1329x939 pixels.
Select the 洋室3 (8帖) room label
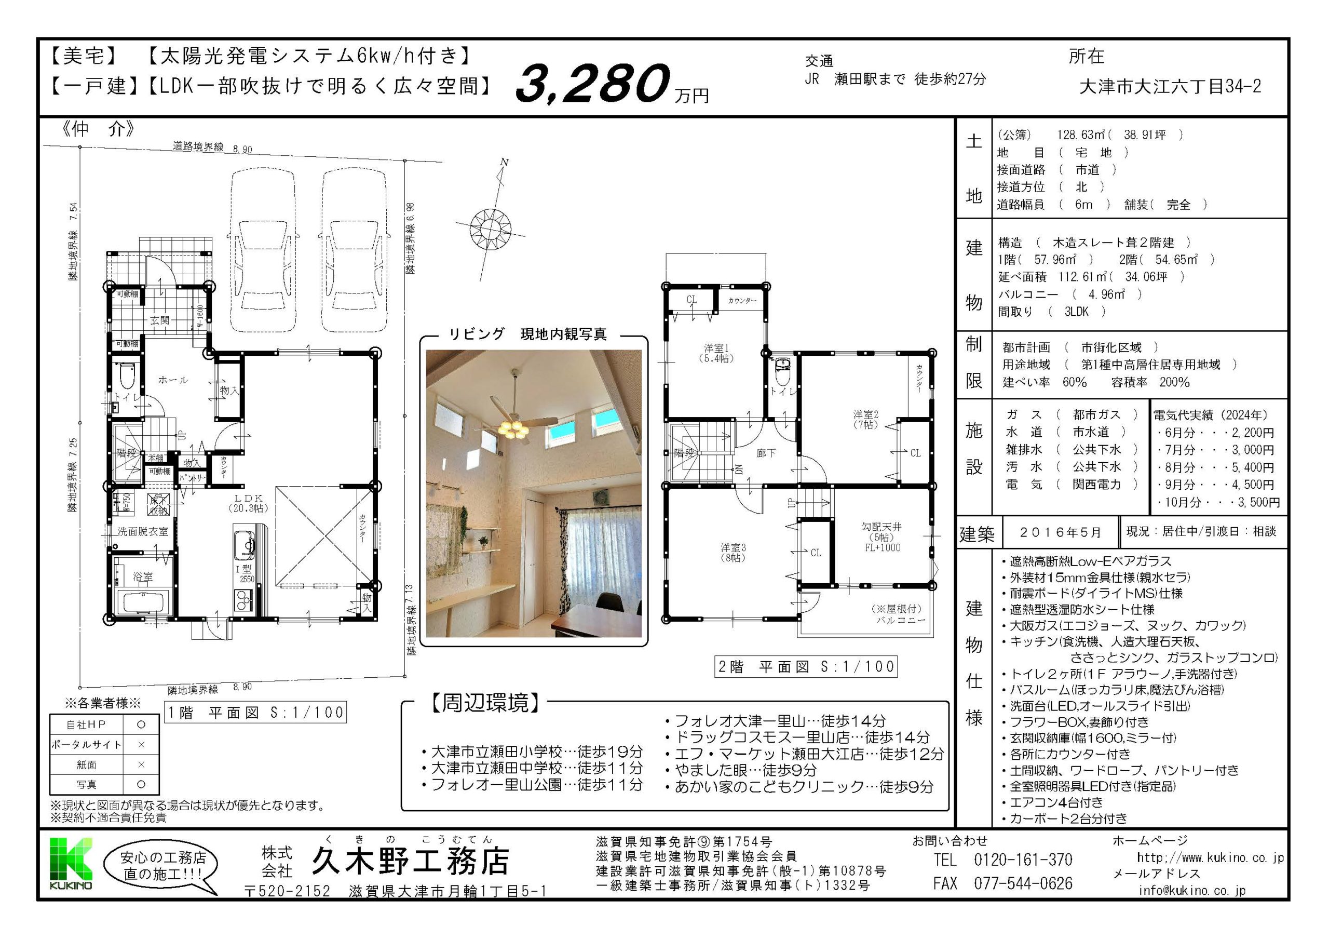click(733, 552)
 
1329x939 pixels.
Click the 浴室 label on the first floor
click(142, 576)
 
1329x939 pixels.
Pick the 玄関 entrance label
click(159, 320)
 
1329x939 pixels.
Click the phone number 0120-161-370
click(1023, 860)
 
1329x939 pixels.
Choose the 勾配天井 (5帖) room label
click(882, 537)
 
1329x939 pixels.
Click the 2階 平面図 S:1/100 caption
click(806, 666)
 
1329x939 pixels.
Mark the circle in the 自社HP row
click(141, 724)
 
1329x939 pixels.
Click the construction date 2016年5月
click(1060, 532)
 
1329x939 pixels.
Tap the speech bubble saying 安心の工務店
click(162, 865)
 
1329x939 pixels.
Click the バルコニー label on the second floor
click(900, 620)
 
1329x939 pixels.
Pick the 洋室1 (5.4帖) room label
click(716, 353)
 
